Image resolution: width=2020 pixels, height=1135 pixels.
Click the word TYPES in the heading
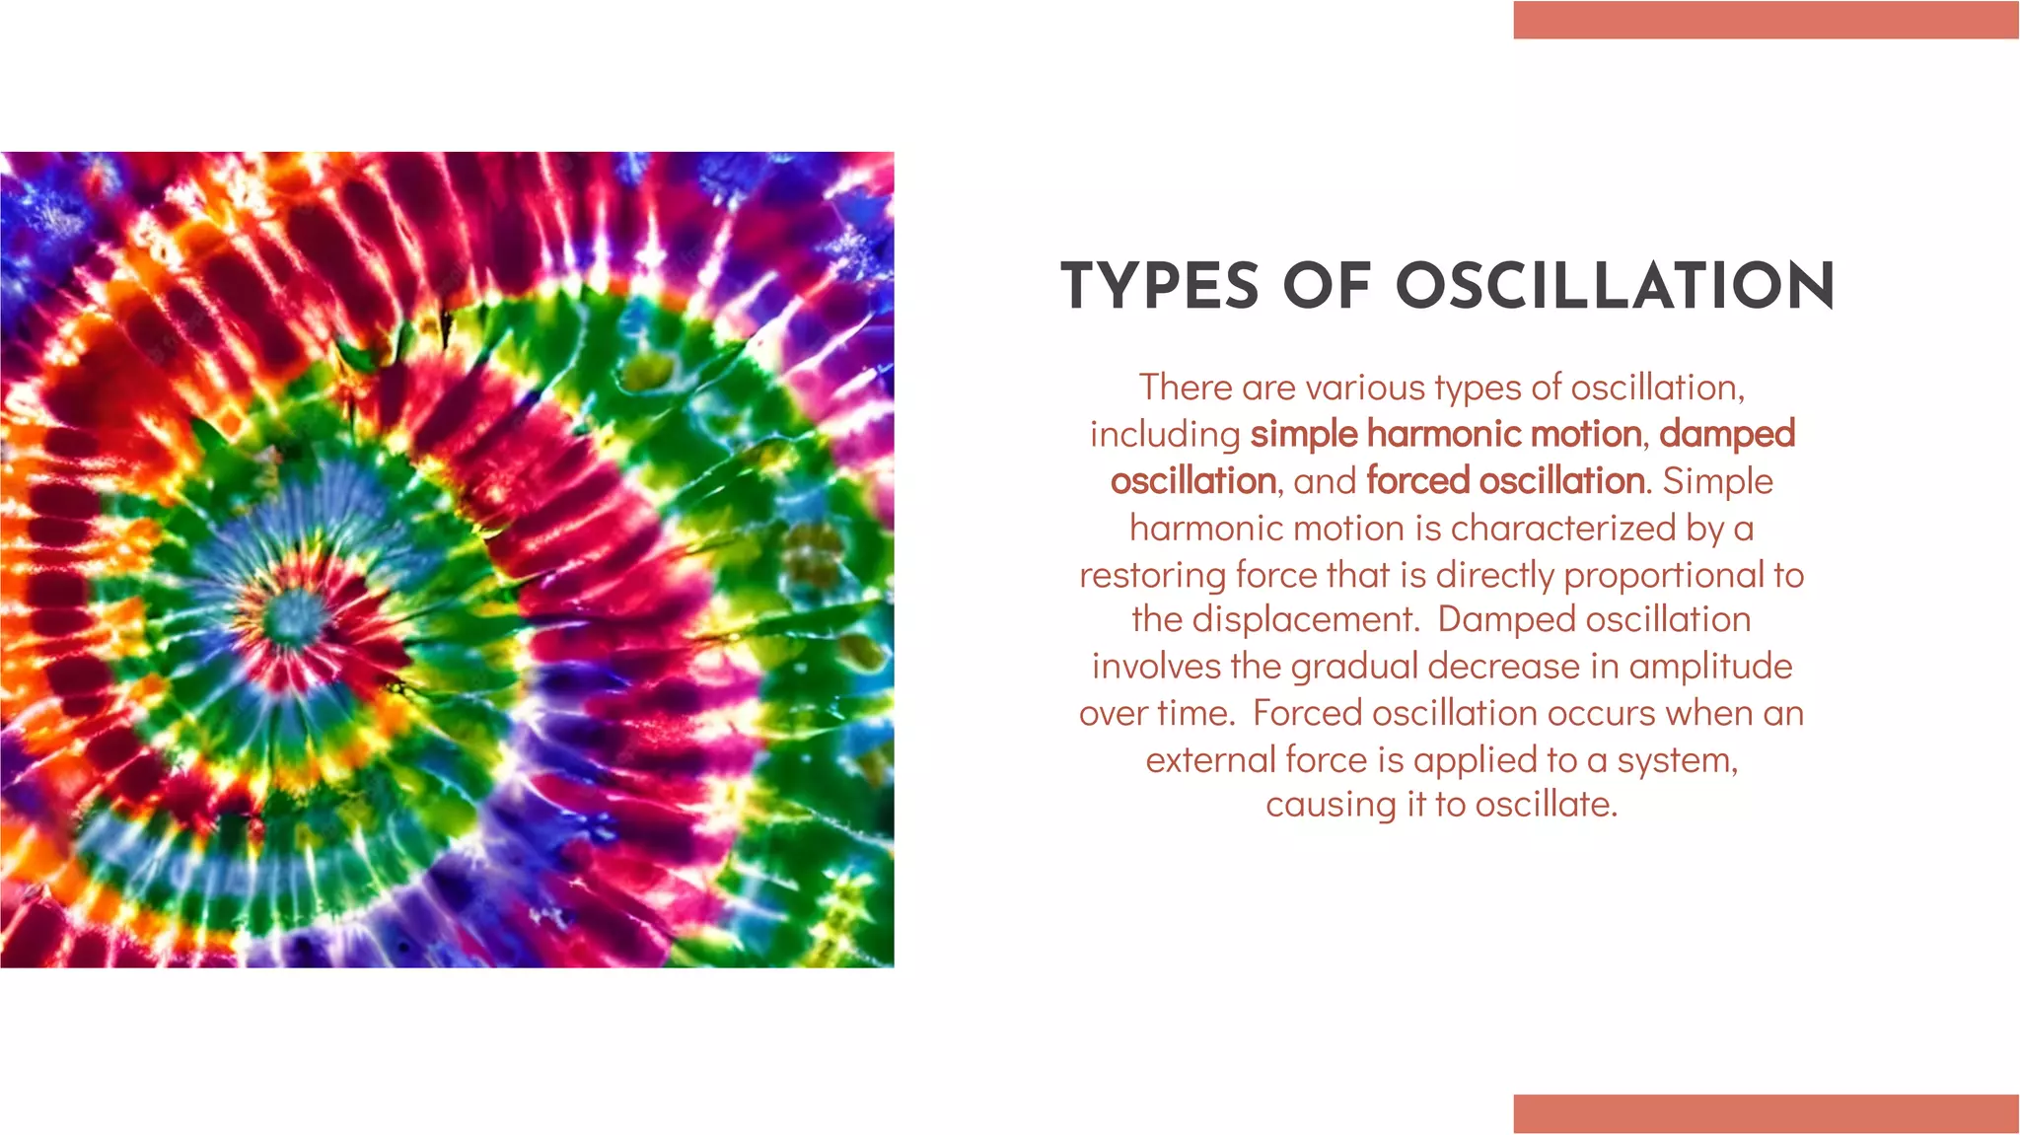point(1160,287)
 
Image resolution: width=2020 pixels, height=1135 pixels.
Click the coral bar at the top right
point(1766,21)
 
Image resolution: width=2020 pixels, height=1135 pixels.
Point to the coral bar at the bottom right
point(1766,1113)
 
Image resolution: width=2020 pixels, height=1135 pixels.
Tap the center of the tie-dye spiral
point(292,613)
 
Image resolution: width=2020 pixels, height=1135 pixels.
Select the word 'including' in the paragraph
point(1165,435)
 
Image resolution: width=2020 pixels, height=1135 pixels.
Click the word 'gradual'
point(1354,668)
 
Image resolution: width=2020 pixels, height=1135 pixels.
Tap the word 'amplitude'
point(1710,668)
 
